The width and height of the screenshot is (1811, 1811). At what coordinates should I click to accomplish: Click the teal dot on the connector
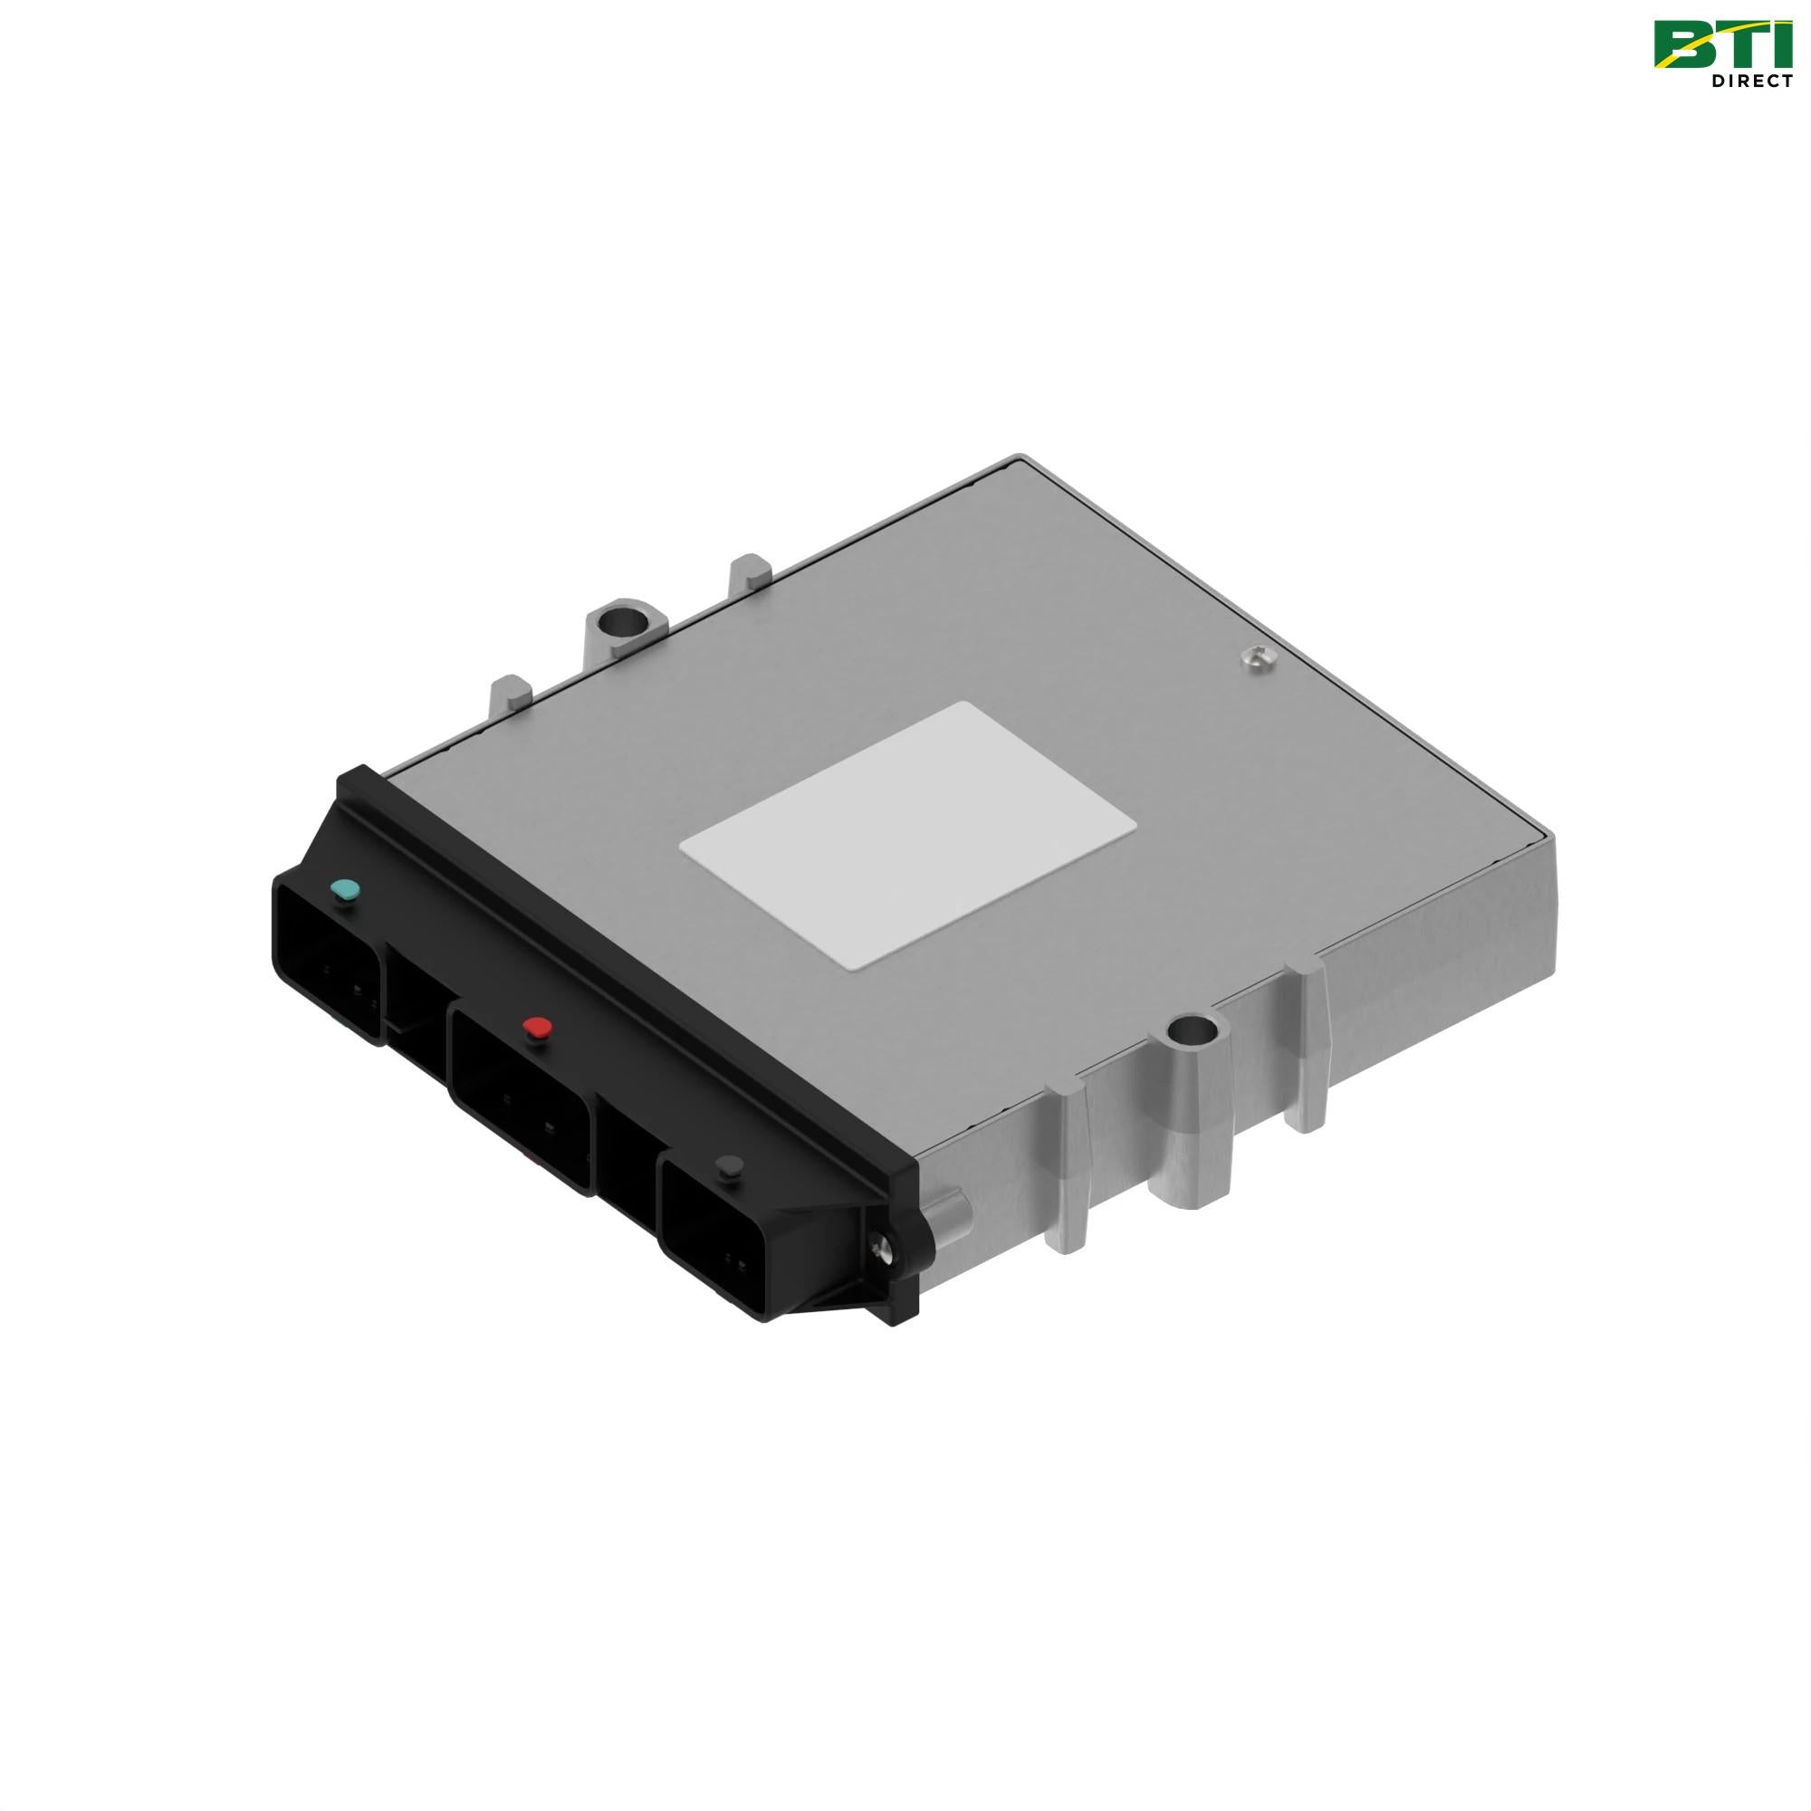point(346,889)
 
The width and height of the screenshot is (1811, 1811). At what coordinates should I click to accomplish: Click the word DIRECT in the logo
point(1751,81)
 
